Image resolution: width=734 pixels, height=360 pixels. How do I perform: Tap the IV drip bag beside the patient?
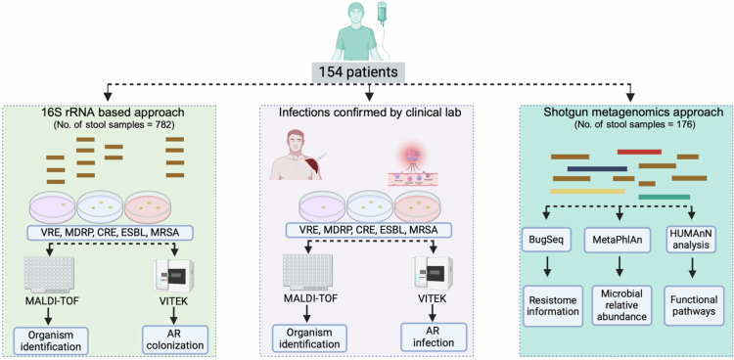383,13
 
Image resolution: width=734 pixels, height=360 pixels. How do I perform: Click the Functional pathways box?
692,305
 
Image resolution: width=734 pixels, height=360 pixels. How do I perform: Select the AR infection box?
434,336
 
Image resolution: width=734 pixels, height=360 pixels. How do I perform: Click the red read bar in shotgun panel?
639,152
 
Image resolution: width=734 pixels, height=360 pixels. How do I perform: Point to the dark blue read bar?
597,168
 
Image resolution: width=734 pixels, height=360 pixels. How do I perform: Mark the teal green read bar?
664,197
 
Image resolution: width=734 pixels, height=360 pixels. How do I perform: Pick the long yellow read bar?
587,191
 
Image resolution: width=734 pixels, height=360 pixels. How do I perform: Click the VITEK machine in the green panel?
174,276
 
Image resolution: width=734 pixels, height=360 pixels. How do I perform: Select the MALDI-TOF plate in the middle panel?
307,273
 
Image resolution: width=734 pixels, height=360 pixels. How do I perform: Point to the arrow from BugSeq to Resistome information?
546,268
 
